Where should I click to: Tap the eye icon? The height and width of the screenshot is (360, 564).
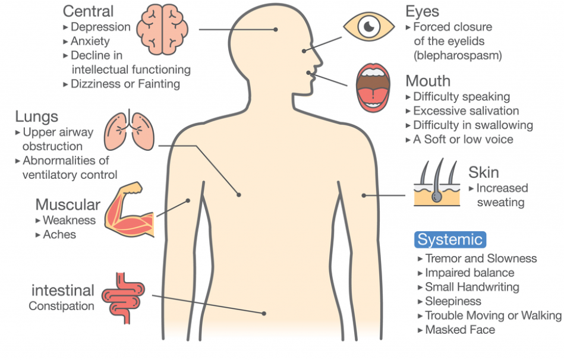pos(368,27)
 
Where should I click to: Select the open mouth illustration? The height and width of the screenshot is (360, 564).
pos(373,88)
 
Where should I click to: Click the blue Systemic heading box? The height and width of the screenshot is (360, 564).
pos(450,239)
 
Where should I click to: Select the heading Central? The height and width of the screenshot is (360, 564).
pos(89,11)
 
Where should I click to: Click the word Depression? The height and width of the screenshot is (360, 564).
pos(100,27)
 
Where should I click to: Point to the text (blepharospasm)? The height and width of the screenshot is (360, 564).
pos(458,55)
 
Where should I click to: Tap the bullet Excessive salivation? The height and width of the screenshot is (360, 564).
pos(466,110)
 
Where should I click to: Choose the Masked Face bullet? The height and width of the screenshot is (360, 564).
pos(460,330)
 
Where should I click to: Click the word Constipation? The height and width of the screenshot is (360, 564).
pos(61,307)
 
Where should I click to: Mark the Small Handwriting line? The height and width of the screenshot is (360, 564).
pos(472,287)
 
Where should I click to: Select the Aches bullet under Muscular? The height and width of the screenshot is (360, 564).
pos(59,235)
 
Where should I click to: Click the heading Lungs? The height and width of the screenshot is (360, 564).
pos(37,116)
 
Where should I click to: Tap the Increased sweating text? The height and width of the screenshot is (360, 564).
pos(501,195)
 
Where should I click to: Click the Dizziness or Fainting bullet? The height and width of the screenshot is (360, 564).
pos(125,84)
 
